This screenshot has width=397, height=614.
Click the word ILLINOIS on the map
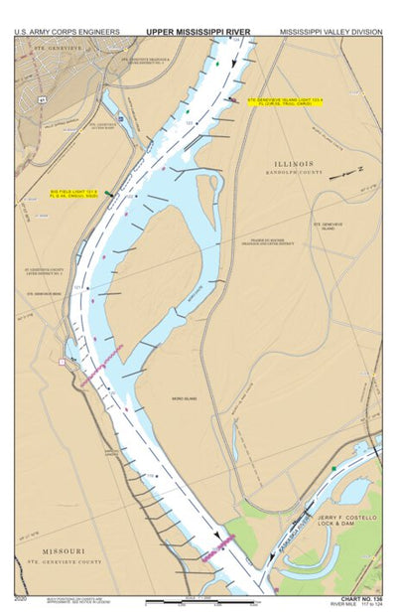tap(294, 163)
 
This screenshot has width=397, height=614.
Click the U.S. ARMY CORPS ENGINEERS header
tap(66, 32)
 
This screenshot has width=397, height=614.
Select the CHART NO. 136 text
tap(359, 599)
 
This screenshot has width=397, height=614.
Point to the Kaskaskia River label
tap(293, 524)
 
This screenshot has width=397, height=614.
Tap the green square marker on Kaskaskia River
tap(334, 468)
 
